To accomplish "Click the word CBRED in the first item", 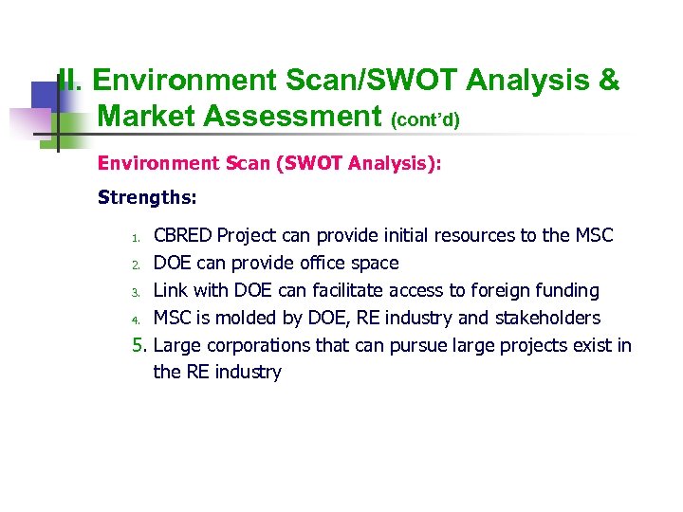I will coord(183,235).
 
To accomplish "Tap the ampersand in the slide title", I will coord(609,82).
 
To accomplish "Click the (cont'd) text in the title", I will coord(425,119).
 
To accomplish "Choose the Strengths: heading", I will coord(147,198).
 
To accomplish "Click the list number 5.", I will coord(140,345).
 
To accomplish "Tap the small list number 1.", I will coord(136,237).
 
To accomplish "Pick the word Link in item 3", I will coord(171,290).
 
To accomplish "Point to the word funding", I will coord(564,290).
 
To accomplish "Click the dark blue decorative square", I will coord(45,98).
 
